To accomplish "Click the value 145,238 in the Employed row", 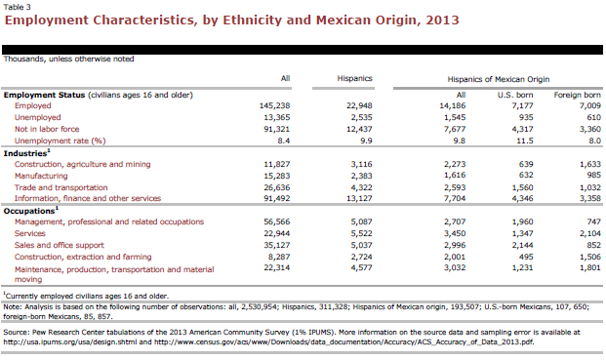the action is coord(274,105).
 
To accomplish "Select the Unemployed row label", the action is coord(37,117).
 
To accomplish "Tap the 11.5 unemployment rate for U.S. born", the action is coord(525,141).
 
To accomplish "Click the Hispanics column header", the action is coord(354,78).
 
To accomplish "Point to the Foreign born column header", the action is coord(577,95).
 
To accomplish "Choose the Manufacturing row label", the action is coord(41,177).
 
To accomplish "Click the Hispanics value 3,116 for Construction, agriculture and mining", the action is coord(361,164).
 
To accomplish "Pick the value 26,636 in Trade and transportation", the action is coord(277,187).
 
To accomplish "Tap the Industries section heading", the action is coord(26,153).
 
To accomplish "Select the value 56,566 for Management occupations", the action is coord(277,222).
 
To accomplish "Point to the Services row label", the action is coord(29,234).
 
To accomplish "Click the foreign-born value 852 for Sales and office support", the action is coord(593,245).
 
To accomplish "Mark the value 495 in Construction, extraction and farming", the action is coord(526,257).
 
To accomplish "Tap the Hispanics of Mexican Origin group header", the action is coord(499,79).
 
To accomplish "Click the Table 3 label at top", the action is coord(17,7).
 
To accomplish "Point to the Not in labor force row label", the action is coord(47,129).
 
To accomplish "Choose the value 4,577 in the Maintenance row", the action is coord(361,267).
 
